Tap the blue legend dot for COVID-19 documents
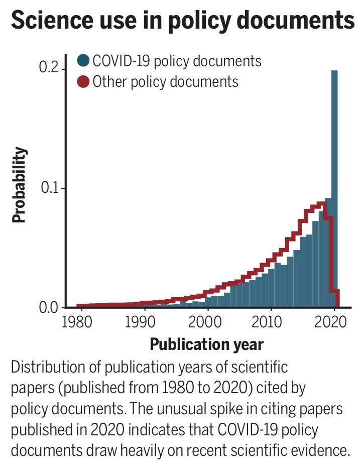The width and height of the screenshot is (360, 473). click(83, 61)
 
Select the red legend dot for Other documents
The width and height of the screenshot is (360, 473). click(83, 81)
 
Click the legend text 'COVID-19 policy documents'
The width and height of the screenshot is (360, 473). click(177, 61)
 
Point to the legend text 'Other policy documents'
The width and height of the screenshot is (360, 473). click(165, 81)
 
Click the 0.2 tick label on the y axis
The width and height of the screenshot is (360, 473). click(49, 69)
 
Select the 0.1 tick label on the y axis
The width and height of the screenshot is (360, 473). click(49, 188)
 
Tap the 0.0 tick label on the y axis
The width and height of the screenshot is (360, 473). click(49, 307)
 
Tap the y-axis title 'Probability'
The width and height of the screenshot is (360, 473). click(19, 187)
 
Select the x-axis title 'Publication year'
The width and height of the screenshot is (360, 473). click(206, 344)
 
